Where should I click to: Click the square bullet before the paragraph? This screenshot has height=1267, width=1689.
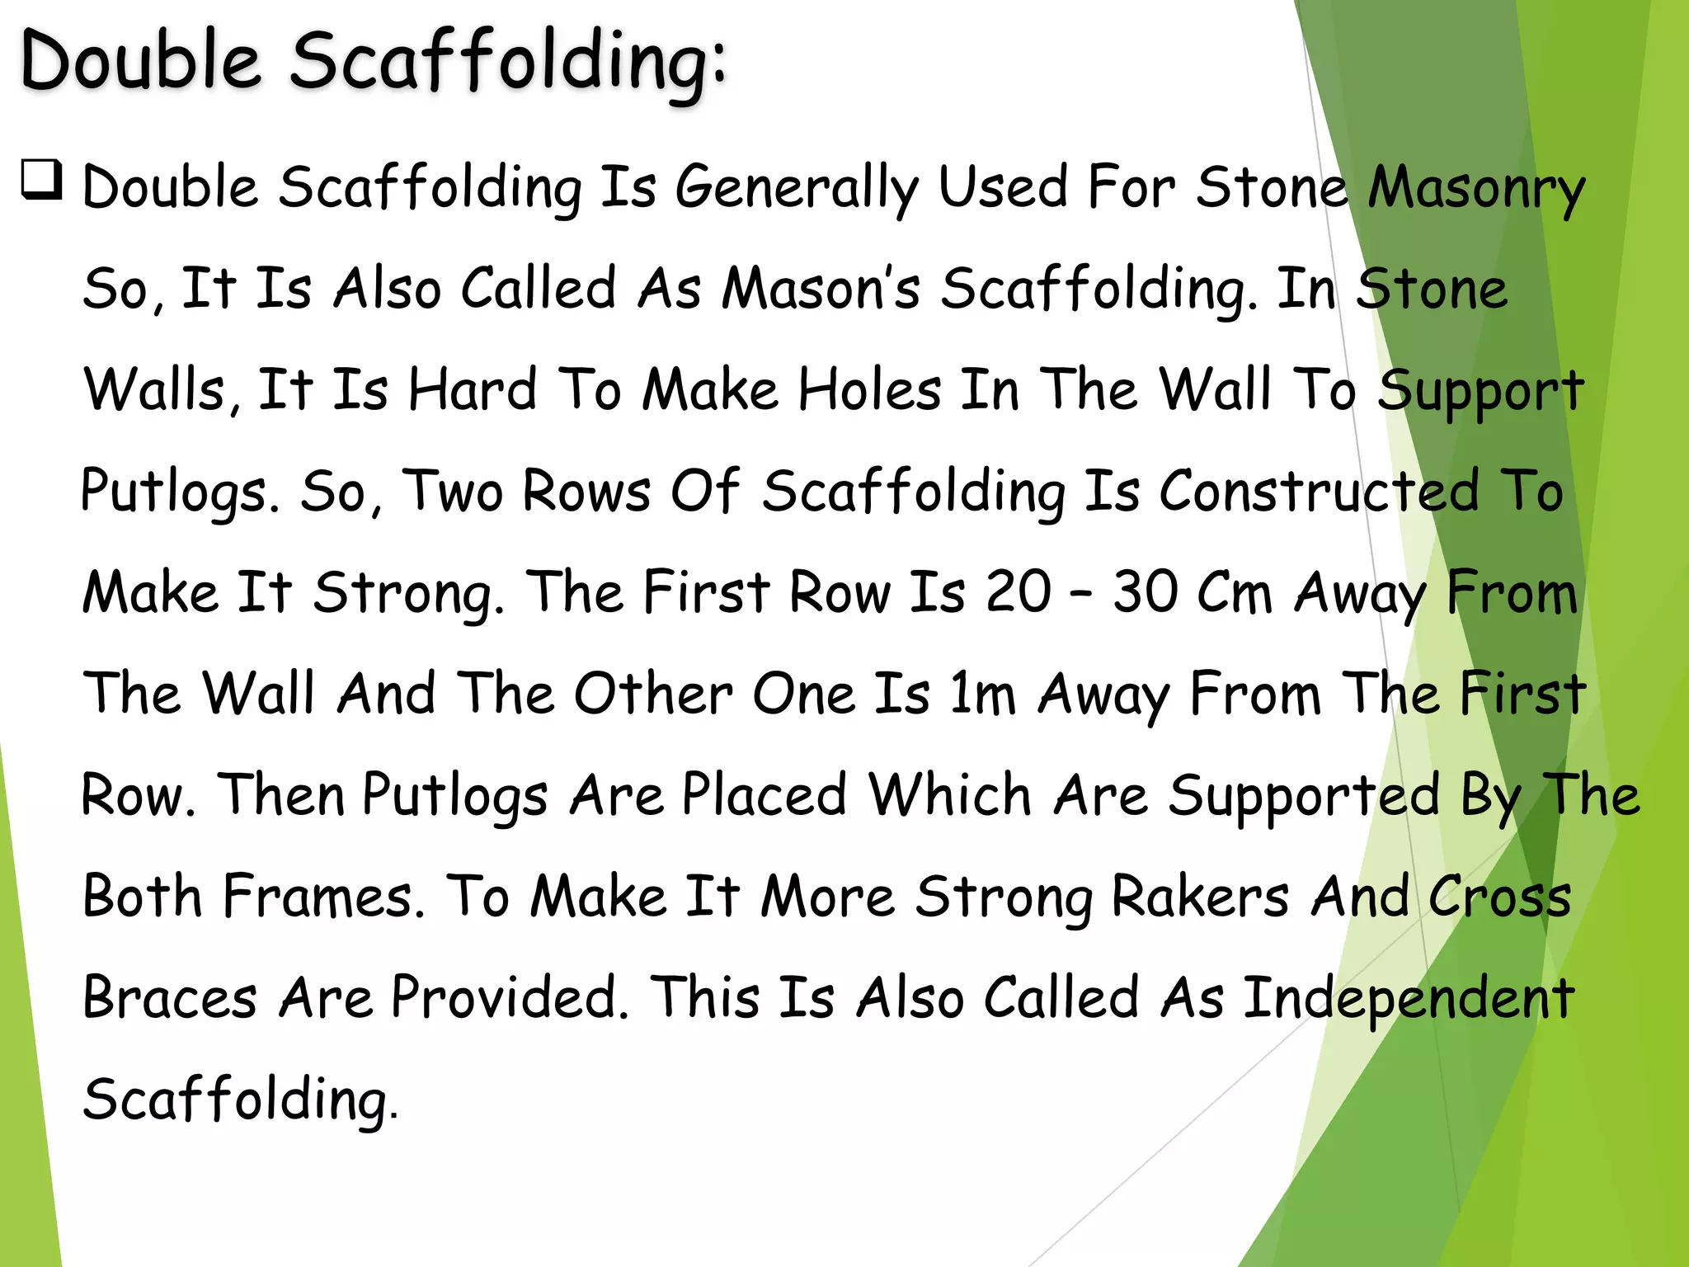point(42,180)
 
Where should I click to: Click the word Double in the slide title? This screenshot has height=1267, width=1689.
point(140,61)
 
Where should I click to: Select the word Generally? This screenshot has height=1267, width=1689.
point(796,188)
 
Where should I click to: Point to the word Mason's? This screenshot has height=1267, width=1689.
point(821,289)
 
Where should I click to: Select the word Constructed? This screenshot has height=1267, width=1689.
point(1319,491)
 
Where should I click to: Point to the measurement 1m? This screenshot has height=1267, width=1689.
point(982,693)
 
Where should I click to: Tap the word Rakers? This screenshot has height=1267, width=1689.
point(1200,896)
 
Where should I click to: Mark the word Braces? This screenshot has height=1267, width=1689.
point(170,997)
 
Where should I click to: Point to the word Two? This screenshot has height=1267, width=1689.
point(453,491)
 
